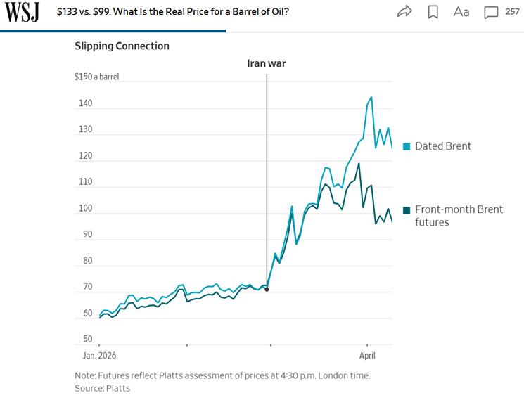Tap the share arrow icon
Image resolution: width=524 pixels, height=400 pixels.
(x=404, y=11)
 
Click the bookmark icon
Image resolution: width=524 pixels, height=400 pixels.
(x=433, y=11)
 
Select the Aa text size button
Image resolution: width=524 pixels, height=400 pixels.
(x=461, y=11)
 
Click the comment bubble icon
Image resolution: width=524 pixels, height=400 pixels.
(x=491, y=11)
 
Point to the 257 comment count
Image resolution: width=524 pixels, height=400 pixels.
(x=512, y=11)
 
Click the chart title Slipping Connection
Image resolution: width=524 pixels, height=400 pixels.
(x=122, y=46)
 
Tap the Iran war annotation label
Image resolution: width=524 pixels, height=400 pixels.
(x=267, y=63)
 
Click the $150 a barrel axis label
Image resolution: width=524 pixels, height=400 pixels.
(x=96, y=77)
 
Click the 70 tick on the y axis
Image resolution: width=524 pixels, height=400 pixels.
(x=87, y=287)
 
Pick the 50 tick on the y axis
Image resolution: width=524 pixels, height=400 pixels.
(x=87, y=340)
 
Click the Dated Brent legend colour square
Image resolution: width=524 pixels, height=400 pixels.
(x=407, y=146)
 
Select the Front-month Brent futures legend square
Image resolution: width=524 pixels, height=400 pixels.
(x=407, y=209)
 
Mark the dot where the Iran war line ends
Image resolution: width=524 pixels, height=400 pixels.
(x=267, y=289)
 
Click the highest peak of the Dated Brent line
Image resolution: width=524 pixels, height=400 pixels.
(x=371, y=97)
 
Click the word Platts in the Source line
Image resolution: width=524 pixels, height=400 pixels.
(x=117, y=388)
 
